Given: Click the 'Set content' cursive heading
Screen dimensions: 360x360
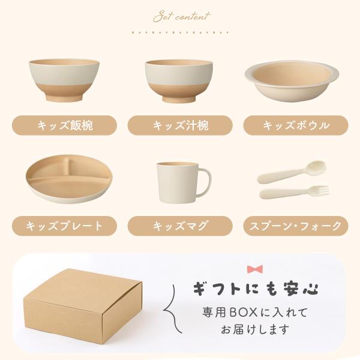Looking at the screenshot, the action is [x=182, y=17].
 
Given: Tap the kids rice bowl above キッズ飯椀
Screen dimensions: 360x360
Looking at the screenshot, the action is [x=64, y=80].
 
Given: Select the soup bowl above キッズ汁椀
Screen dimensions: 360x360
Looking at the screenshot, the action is [x=179, y=81].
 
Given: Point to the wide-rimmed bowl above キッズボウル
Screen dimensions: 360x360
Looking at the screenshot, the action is [x=292, y=82].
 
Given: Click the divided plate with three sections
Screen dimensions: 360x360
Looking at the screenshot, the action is [x=69, y=179].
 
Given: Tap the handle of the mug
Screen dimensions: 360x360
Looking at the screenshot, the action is [x=205, y=181].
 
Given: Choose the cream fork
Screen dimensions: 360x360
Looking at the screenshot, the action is [x=295, y=192].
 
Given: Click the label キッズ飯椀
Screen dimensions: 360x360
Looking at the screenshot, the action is [x=65, y=125].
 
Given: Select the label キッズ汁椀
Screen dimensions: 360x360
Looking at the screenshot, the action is [x=180, y=125].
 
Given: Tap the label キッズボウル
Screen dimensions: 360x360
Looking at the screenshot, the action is [x=296, y=125].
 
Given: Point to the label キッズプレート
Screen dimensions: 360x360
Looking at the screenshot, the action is [x=65, y=226].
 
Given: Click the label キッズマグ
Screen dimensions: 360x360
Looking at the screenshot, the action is [x=180, y=226].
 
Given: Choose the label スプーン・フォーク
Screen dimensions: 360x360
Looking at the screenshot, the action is [x=296, y=226].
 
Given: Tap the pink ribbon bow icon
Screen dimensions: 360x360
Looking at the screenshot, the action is [x=255, y=269].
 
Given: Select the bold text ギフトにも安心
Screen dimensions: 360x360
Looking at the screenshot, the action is [x=256, y=288].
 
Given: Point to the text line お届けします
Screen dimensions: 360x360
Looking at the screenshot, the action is [x=255, y=329].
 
